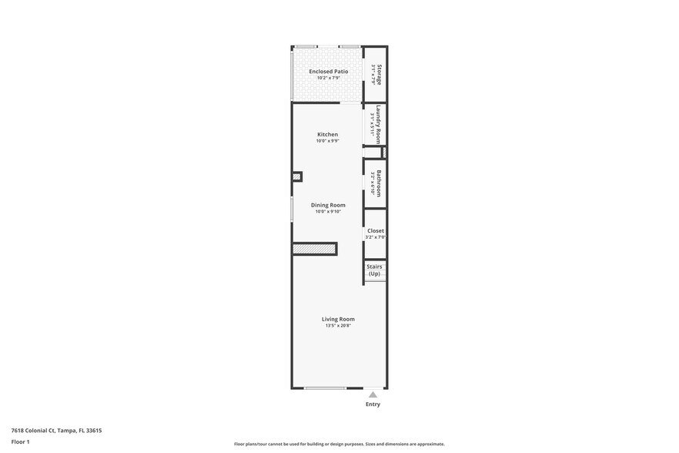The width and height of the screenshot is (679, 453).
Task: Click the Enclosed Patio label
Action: click(328, 72)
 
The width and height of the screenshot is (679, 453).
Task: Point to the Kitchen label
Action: click(327, 135)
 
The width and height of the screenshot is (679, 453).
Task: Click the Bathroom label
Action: click(379, 183)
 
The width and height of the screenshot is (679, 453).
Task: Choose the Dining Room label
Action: click(328, 205)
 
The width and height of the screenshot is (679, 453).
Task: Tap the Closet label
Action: click(376, 230)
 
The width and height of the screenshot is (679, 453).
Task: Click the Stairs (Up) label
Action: click(374, 270)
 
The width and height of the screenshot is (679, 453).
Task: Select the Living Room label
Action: click(338, 319)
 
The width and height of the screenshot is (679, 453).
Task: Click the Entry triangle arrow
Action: click(373, 394)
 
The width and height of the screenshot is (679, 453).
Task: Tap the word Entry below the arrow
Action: click(373, 404)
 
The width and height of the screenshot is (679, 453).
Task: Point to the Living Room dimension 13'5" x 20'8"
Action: click(338, 326)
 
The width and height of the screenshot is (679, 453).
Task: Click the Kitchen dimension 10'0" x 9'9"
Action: click(327, 141)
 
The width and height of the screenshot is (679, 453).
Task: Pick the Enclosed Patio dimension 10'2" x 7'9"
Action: click(328, 78)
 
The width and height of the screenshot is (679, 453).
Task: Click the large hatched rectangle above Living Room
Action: click(315, 249)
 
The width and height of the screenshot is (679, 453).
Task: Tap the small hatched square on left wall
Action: click(296, 176)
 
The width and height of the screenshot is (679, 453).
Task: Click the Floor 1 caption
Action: click(20, 441)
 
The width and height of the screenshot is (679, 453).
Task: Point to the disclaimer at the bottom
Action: click(339, 444)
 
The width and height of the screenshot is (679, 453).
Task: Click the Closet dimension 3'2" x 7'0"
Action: click(376, 237)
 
